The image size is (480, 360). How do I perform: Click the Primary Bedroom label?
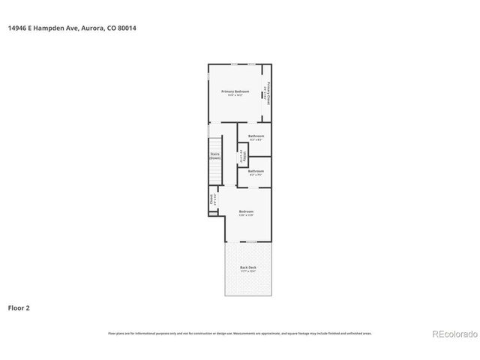(235, 91)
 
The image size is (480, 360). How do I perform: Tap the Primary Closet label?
(269, 94)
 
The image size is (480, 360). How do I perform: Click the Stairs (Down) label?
(214, 156)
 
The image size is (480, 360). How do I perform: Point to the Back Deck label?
(248, 267)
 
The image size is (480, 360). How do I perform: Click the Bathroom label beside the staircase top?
(256, 136)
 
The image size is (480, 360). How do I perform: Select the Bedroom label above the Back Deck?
(246, 211)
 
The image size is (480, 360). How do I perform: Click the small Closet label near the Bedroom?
(211, 200)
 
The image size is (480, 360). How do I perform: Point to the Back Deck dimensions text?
(248, 271)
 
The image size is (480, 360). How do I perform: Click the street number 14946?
(18, 28)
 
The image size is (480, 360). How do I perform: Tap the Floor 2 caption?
(19, 307)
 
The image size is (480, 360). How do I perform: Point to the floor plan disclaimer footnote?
(239, 334)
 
